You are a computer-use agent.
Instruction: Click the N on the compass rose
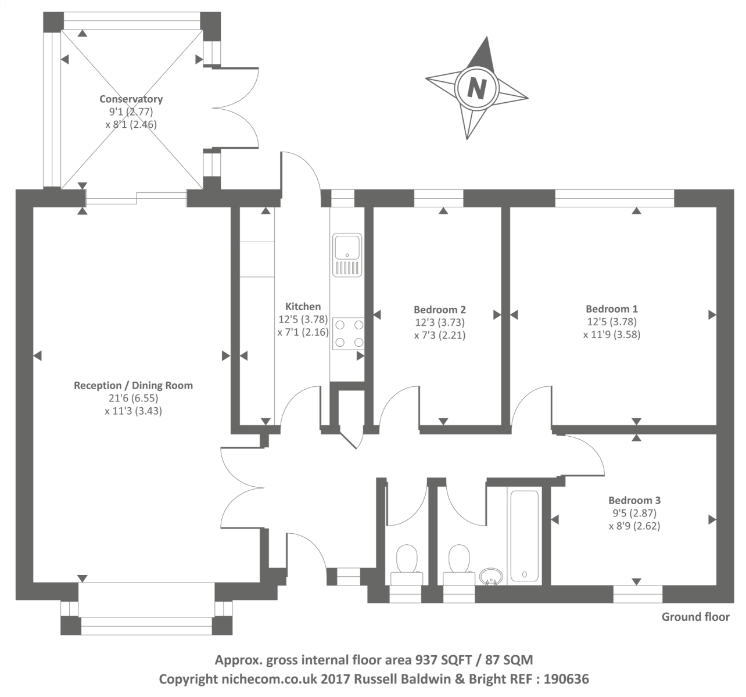coord(477,88)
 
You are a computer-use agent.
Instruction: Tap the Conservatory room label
coord(131,99)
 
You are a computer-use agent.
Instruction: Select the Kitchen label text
coord(303,306)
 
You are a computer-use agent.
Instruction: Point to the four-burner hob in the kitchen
coord(348,333)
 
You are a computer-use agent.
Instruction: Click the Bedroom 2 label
coord(439,310)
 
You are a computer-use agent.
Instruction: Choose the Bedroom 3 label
coord(634,500)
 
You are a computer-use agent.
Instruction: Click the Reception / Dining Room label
coord(133,386)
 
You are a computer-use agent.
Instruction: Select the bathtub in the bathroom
coord(525,536)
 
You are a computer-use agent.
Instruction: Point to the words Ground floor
coord(695,617)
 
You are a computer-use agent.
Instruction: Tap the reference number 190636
coord(566,679)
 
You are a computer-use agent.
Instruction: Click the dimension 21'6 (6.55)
coord(133,398)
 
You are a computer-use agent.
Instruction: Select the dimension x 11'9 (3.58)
coord(611,335)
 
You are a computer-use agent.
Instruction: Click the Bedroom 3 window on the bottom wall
coord(637,594)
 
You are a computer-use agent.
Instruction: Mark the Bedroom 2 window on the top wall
coord(439,199)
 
